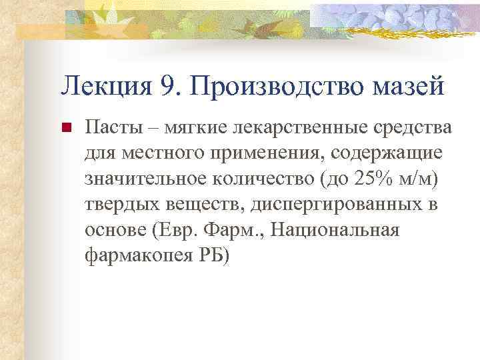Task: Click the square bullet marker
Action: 65,127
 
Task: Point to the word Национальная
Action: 341,231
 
